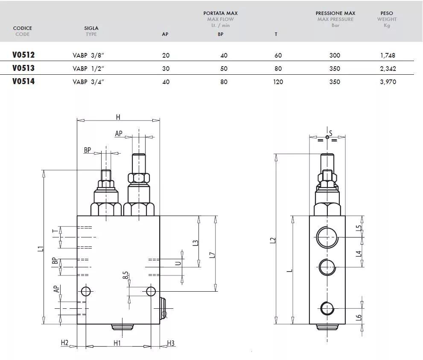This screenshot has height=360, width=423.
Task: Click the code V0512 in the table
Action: [23, 55]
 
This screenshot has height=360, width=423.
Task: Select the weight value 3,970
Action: [388, 82]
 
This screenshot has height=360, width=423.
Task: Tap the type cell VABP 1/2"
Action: [88, 69]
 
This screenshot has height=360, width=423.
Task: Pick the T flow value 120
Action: [278, 82]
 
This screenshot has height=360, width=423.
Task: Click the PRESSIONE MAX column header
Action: [335, 13]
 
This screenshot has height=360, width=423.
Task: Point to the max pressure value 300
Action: [335, 56]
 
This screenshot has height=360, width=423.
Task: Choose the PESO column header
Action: [387, 13]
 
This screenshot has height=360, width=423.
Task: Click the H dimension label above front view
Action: [118, 117]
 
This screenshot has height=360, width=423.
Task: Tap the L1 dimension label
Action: [41, 249]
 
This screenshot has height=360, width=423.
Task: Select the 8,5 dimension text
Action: [125, 275]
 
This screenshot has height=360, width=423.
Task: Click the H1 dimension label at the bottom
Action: [117, 343]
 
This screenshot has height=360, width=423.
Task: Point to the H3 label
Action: [171, 343]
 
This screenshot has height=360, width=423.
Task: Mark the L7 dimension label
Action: [212, 255]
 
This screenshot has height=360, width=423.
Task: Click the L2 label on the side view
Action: [273, 240]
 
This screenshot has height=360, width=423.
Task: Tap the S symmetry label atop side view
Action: [331, 133]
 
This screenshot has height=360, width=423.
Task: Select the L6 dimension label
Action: [359, 318]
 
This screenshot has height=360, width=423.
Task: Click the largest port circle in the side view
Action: [327, 237]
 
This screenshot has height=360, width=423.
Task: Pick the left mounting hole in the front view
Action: [86, 291]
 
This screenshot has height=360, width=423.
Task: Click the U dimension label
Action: [178, 263]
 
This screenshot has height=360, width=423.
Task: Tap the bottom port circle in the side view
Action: [327, 308]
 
